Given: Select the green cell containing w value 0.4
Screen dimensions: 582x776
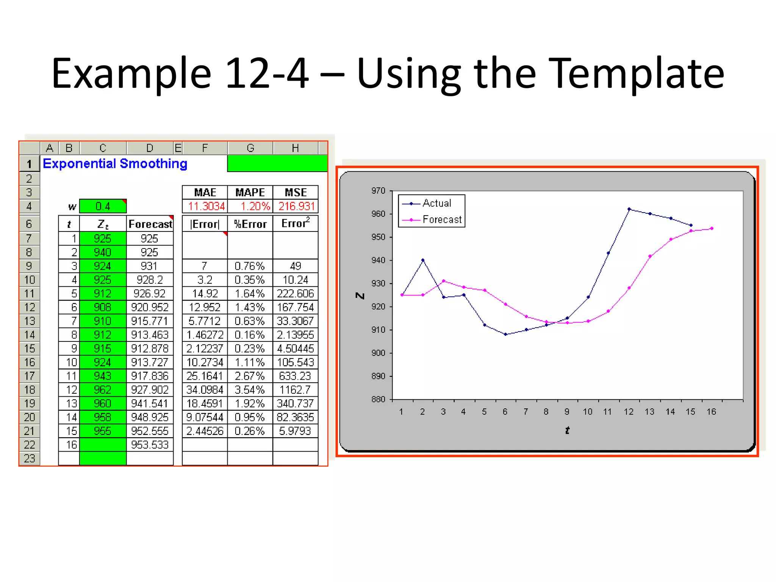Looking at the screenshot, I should (103, 207).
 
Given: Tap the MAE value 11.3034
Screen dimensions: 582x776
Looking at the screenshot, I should (206, 207).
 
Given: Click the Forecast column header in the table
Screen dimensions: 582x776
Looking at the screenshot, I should (150, 224).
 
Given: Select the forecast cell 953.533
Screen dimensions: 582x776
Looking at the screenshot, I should (150, 445).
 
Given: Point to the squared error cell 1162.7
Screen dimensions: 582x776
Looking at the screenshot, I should (295, 390).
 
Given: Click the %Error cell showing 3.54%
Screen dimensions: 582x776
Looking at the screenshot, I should (250, 390).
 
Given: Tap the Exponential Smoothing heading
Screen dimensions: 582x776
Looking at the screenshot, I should (115, 164).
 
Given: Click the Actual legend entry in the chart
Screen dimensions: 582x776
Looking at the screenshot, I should (436, 203).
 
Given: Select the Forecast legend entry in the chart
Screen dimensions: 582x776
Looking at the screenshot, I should (442, 220).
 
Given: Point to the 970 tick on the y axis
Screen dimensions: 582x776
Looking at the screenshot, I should (378, 191).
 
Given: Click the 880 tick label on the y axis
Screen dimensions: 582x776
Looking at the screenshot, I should (378, 399).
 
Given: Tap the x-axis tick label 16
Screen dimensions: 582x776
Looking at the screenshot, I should (711, 412).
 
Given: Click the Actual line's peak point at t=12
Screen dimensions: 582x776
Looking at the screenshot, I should (629, 209).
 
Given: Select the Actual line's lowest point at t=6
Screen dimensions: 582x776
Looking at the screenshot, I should (505, 334).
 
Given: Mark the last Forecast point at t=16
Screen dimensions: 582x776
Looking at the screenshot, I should (712, 228).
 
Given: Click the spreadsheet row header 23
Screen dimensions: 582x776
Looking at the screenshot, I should (30, 458).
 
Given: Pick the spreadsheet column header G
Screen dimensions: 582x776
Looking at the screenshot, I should (250, 148).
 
